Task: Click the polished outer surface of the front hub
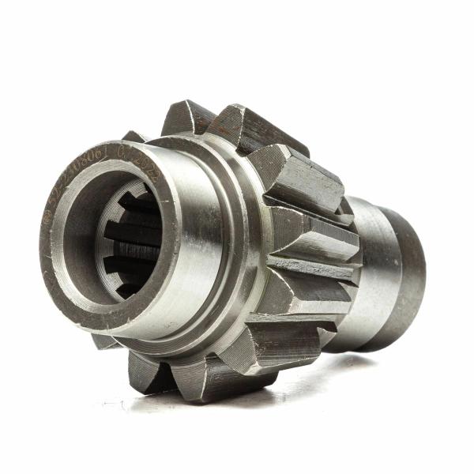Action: (x=197, y=261)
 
